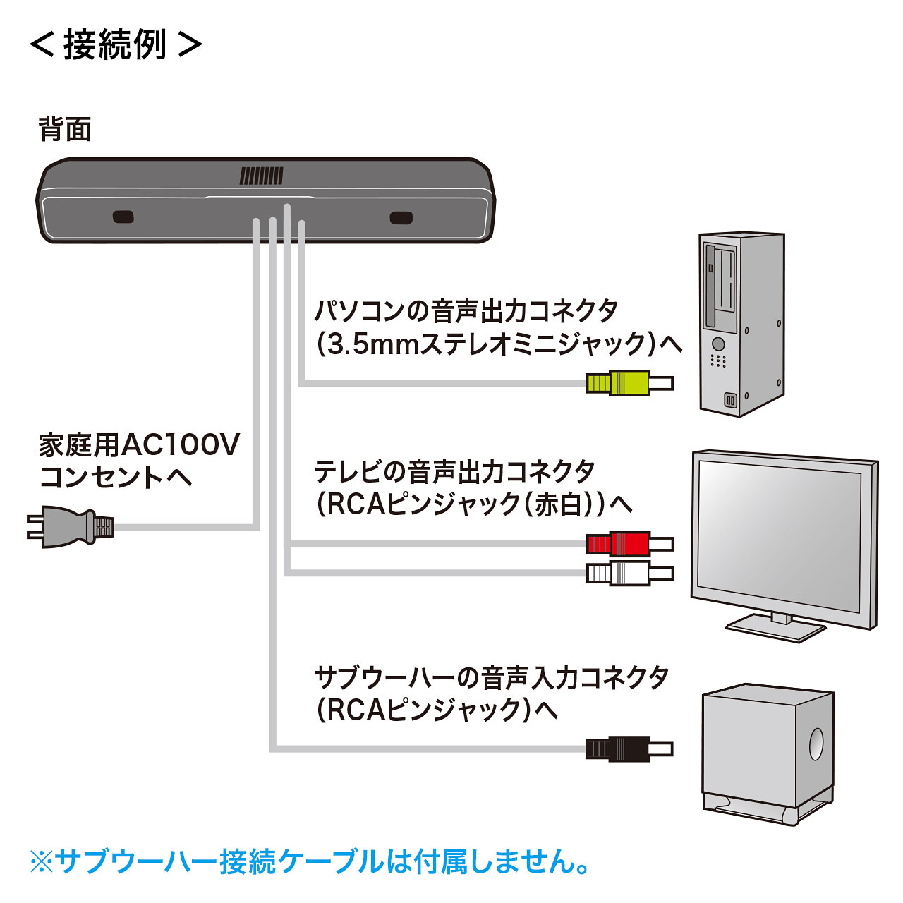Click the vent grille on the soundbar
point(261,176)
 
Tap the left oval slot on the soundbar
point(123,217)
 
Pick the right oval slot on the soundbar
point(401,217)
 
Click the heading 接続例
point(115,44)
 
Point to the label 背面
point(65,130)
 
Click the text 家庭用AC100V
point(139,446)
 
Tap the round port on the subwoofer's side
point(816,744)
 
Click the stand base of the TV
point(776,626)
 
